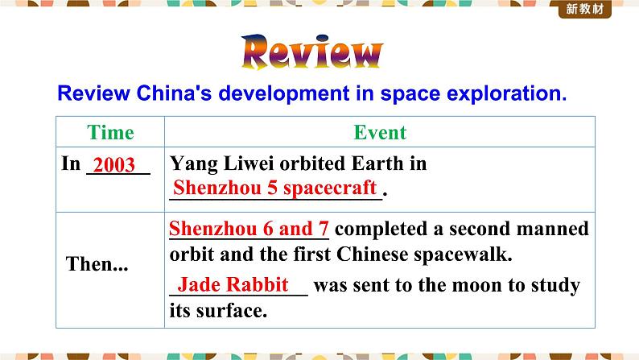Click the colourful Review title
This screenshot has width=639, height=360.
click(x=312, y=52)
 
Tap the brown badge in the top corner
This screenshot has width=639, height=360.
click(x=585, y=9)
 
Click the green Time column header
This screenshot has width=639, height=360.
click(x=110, y=133)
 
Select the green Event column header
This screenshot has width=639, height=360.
click(x=380, y=133)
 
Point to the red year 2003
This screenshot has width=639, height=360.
click(x=113, y=165)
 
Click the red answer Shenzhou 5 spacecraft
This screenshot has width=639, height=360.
click(x=274, y=188)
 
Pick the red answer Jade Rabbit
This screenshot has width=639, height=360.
click(x=233, y=284)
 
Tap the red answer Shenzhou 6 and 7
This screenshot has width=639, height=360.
click(x=249, y=228)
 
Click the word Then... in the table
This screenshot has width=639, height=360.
click(x=97, y=264)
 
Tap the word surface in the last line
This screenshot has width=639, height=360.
click(x=232, y=311)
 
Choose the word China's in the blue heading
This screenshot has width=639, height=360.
click(x=174, y=93)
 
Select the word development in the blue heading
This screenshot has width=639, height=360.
click(x=284, y=93)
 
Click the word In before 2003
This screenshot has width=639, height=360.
click(x=71, y=163)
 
